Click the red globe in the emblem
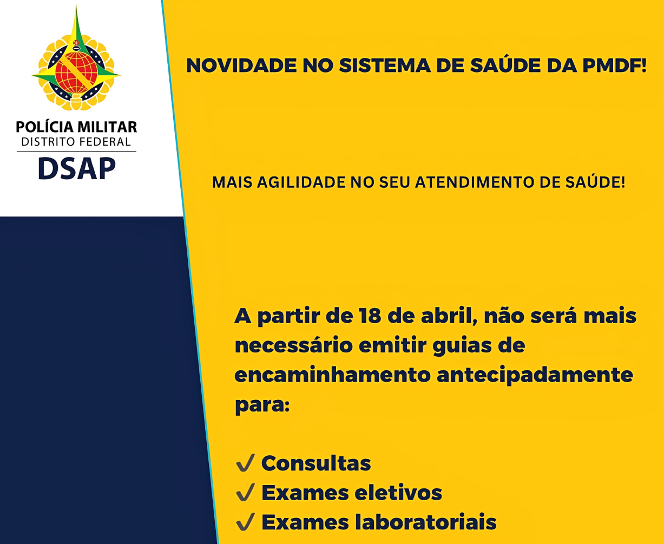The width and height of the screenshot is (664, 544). point(76,73)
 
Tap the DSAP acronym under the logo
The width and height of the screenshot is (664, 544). point(77,168)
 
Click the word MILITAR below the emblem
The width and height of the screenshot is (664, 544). point(107,127)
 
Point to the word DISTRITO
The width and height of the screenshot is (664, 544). point(48,142)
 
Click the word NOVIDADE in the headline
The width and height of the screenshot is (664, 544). point(241,66)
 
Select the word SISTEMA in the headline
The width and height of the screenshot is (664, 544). point(385,66)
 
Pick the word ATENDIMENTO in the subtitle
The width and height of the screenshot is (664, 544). point(475,183)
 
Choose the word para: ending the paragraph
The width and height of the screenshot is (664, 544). point(262,405)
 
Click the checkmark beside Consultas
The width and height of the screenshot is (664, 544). point(245,463)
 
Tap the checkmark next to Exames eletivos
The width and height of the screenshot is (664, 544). point(245,493)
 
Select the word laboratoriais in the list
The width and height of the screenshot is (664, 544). point(426,522)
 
